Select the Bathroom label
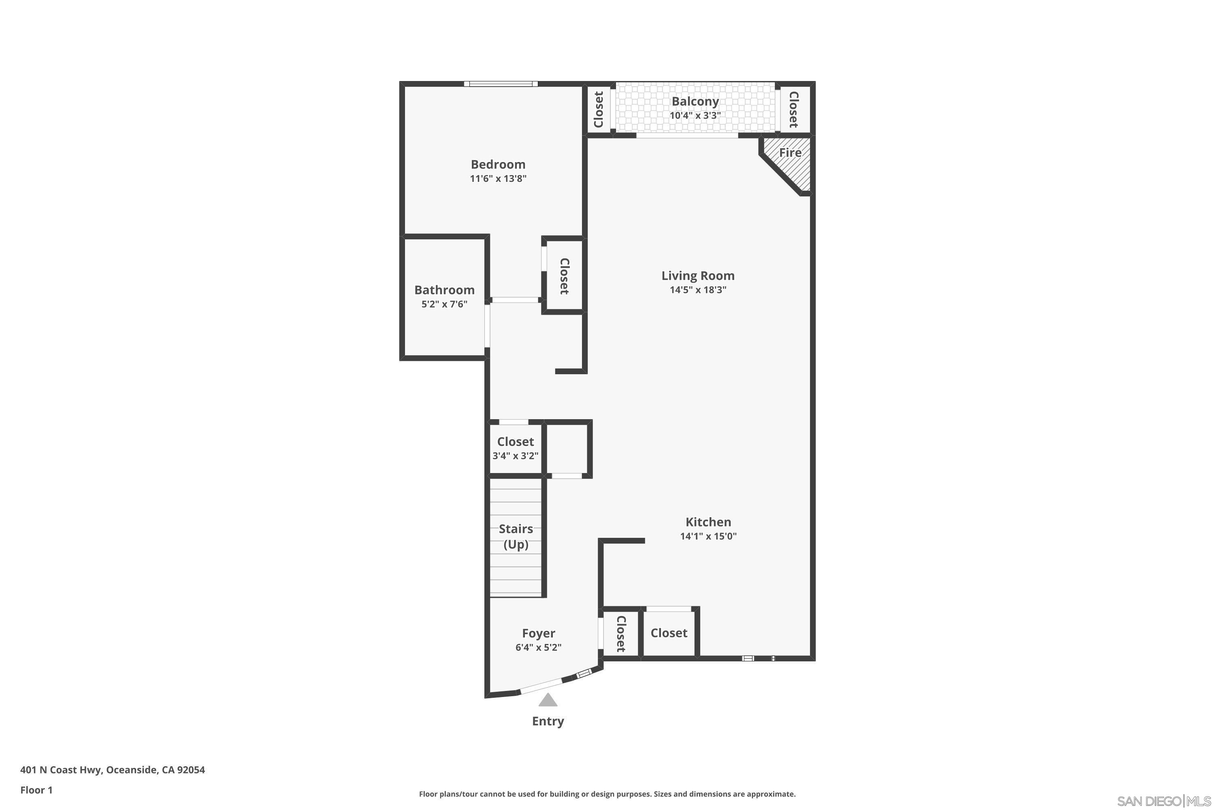[x=444, y=290]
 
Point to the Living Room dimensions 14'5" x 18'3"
[x=697, y=290]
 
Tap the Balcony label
[x=695, y=101]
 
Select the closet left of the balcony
[x=599, y=109]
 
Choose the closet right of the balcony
[x=793, y=109]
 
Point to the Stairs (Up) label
[x=516, y=536]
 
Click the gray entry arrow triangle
[x=548, y=701]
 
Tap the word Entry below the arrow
[x=548, y=721]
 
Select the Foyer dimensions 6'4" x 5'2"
[x=538, y=647]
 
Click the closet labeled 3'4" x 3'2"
[x=515, y=448]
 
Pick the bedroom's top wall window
[x=500, y=84]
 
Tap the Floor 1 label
[x=36, y=790]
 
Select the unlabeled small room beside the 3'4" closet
[x=567, y=448]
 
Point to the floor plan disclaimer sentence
[x=607, y=794]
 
